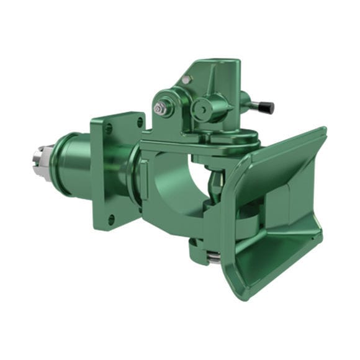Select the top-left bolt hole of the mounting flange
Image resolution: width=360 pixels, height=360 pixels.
pyautogui.click(x=110, y=129)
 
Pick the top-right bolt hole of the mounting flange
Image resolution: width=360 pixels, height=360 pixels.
pyautogui.click(x=140, y=122)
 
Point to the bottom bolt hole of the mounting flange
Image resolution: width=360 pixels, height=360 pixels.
pyautogui.click(x=112, y=219)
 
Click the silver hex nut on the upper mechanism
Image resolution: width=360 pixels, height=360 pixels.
pyautogui.click(x=160, y=109)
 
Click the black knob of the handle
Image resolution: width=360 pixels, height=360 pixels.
pyautogui.click(x=267, y=107)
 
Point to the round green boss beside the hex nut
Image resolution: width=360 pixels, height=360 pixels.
pyautogui.click(x=204, y=110)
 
